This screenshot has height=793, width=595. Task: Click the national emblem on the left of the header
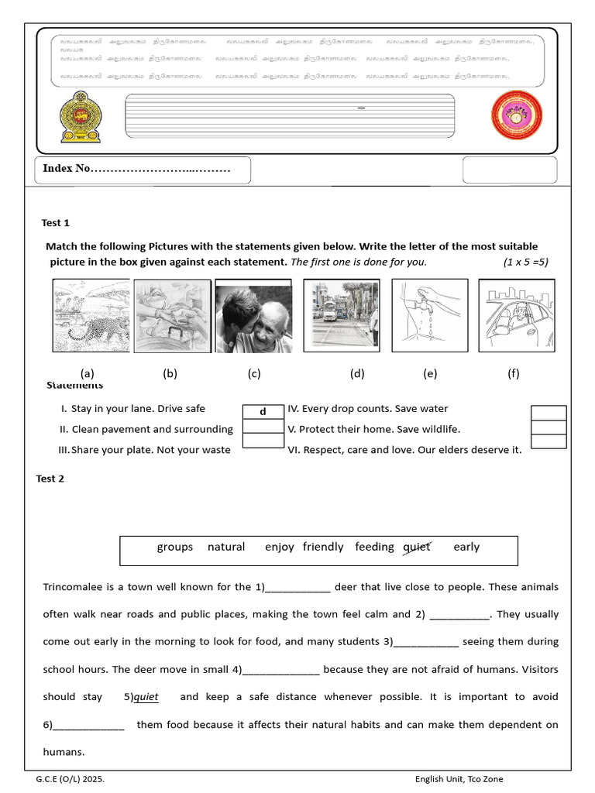[x=81, y=118]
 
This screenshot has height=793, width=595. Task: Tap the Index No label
[x=67, y=169]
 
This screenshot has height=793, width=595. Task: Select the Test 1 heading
[x=56, y=223]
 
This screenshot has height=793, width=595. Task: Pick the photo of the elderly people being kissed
[x=253, y=318]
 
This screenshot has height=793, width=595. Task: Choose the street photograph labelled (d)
[x=341, y=315]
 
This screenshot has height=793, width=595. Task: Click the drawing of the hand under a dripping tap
[x=430, y=315]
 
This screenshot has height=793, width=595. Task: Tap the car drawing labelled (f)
[x=516, y=315]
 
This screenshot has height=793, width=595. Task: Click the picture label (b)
[x=170, y=373]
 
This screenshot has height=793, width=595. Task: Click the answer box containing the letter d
[x=263, y=412]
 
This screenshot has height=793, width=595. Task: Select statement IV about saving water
[x=368, y=409]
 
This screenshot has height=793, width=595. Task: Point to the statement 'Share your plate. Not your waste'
[x=145, y=450]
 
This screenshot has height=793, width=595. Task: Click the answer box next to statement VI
[x=549, y=441]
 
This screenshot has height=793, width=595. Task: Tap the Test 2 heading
[x=50, y=479]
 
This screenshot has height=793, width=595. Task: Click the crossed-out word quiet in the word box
[x=417, y=547]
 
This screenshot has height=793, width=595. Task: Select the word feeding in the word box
[x=375, y=547]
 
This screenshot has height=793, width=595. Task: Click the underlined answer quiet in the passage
[x=146, y=697]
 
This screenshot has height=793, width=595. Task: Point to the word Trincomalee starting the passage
[x=75, y=587]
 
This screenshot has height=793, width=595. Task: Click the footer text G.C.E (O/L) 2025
[x=70, y=779]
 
